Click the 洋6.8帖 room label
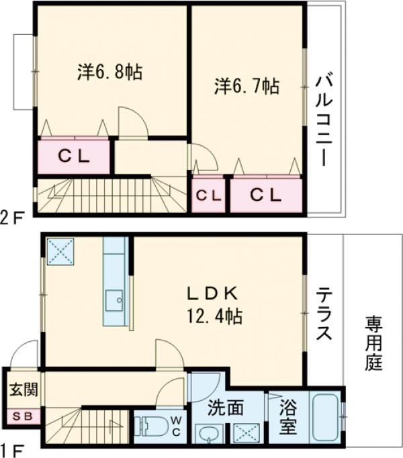point(109,72)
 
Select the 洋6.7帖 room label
point(247,86)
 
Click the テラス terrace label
point(324,314)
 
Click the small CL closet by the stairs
point(208,195)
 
